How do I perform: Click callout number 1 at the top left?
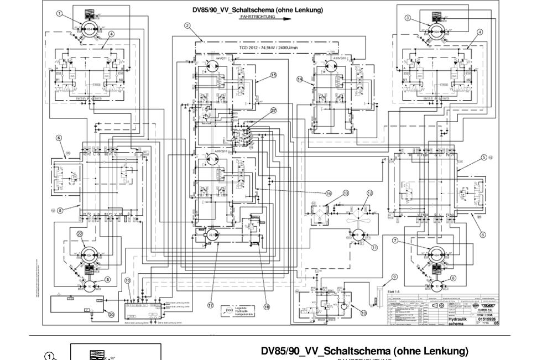tap(59, 13)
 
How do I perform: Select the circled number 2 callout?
tap(187, 25)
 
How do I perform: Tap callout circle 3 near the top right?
tap(408, 18)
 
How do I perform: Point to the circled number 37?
tap(273, 111)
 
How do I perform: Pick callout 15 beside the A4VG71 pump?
tap(273, 75)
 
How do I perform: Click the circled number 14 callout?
tap(300, 79)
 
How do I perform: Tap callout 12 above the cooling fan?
tap(369, 193)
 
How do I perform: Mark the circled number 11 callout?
tap(374, 248)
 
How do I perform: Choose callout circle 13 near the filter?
tap(346, 193)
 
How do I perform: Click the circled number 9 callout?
tap(394, 276)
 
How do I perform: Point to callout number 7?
tap(395, 241)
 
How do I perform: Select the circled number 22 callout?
tap(80, 234)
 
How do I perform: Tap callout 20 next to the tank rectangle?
tap(111, 315)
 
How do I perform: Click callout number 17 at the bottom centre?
tap(211, 305)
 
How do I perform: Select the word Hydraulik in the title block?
tap(458, 319)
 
